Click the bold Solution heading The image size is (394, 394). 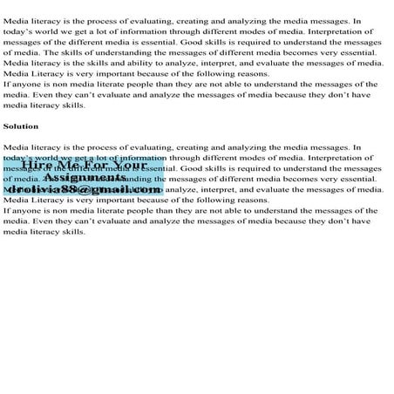click(21, 126)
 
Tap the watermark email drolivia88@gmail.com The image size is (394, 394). click(85, 189)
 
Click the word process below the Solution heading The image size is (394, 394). click(94, 148)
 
